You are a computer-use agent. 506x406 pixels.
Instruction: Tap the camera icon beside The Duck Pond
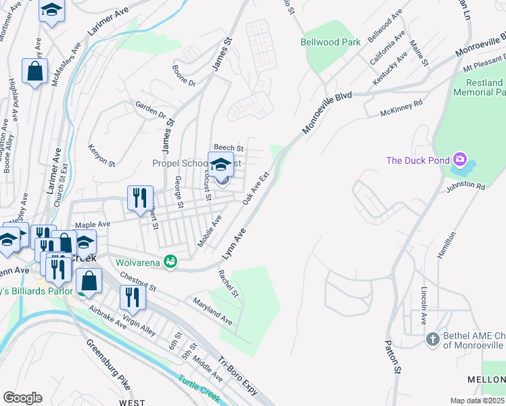(461, 160)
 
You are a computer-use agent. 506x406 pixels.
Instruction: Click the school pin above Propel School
(221, 165)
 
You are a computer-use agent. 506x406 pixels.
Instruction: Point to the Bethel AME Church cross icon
(434, 339)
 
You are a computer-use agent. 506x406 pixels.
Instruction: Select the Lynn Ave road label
(234, 245)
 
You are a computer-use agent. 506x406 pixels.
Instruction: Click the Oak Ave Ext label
(256, 188)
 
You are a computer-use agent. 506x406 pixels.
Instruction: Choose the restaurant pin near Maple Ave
(140, 198)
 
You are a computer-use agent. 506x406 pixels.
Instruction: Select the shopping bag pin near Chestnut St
(89, 279)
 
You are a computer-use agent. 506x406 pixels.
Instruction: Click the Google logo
(23, 398)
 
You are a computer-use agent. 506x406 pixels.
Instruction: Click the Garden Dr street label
(150, 110)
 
